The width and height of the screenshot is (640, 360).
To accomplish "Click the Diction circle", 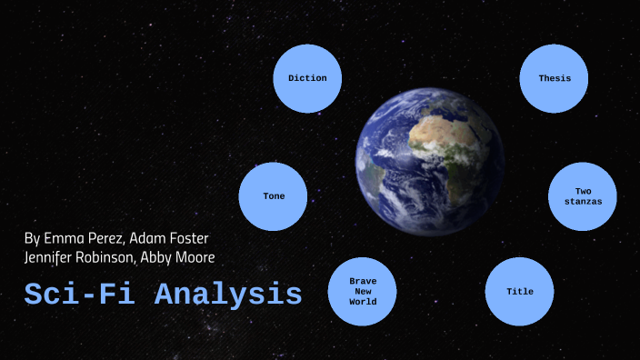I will click(x=307, y=78).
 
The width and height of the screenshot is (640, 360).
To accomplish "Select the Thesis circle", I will click(x=555, y=78).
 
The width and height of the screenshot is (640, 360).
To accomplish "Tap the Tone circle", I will click(x=274, y=196).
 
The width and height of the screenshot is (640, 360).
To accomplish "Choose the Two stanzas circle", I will click(x=583, y=196).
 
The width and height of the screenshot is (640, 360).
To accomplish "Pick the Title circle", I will click(x=520, y=292).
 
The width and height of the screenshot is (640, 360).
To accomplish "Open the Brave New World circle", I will click(x=363, y=292).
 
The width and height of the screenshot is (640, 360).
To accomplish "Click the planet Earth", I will click(x=429, y=167).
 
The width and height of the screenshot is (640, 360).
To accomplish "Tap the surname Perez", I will click(x=106, y=239).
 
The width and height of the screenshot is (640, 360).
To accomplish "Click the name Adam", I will click(x=149, y=239).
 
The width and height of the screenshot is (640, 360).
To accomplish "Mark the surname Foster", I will click(x=189, y=239).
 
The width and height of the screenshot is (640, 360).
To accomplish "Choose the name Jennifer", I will click(x=52, y=257).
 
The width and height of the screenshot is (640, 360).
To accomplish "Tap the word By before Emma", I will click(x=33, y=239).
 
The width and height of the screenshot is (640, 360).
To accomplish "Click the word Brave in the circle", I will click(x=363, y=282).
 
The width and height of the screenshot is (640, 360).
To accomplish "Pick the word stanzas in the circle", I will click(x=583, y=201).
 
